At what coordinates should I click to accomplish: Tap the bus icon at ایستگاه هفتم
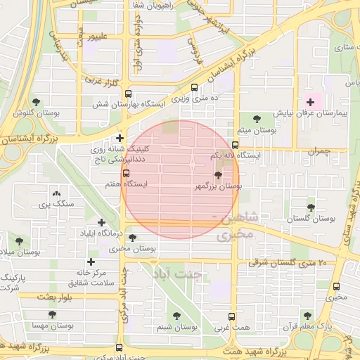pyautogui.click(x=127, y=173)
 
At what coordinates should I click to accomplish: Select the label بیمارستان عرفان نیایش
pyautogui.click(x=310, y=113)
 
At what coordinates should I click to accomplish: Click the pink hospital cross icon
pyautogui.click(x=310, y=103)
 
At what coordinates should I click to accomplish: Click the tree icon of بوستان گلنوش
pyautogui.click(x=36, y=102)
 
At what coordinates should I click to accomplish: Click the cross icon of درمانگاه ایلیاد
pyautogui.click(x=102, y=222)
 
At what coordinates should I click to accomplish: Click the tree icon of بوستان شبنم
pyautogui.click(x=176, y=316)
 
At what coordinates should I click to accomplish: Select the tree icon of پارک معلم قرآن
pyautogui.click(x=307, y=316)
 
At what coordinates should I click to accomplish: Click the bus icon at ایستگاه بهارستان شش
pyautogui.click(x=127, y=94)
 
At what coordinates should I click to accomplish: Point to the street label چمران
pyautogui.click(x=318, y=150)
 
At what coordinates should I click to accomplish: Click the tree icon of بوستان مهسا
pyautogui.click(x=35, y=316)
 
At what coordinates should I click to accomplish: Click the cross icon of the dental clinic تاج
pyautogui.click(x=120, y=138)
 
